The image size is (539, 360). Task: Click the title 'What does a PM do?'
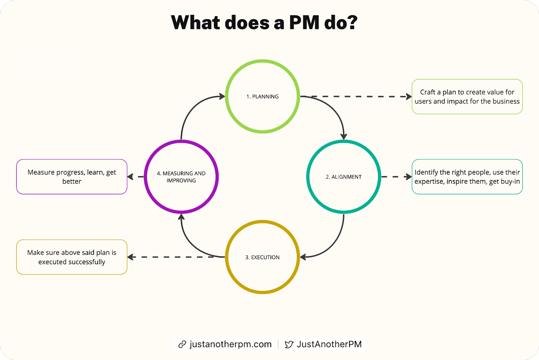(x=264, y=23)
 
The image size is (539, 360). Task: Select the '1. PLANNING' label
(x=262, y=97)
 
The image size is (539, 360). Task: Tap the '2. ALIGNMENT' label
(x=344, y=177)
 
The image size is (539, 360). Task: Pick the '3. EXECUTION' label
(x=262, y=258)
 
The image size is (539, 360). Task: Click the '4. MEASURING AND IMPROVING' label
(x=181, y=177)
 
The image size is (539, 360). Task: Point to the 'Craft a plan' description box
(x=467, y=97)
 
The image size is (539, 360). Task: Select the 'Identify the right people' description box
(x=467, y=177)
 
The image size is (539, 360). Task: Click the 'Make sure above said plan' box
(x=72, y=257)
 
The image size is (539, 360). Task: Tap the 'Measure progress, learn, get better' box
(x=72, y=177)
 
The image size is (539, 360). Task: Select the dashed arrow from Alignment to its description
(x=396, y=177)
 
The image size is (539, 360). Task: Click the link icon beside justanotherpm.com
(x=182, y=344)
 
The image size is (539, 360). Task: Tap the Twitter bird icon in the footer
(x=289, y=344)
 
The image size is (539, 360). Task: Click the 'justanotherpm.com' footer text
(x=230, y=344)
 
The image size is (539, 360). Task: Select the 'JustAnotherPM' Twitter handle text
(x=329, y=344)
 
